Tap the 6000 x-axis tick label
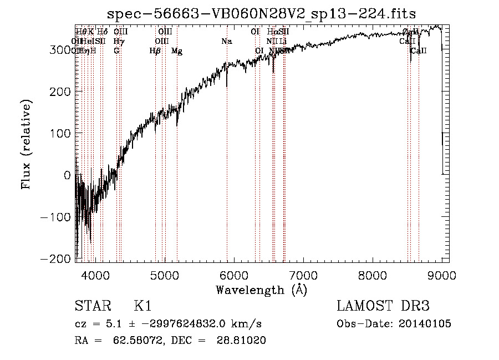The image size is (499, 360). click(233, 274)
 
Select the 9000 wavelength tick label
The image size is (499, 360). click(441, 274)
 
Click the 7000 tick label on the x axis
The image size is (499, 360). click(303, 274)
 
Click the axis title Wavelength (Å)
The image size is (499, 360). click(261, 290)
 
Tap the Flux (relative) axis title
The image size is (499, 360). click(26, 144)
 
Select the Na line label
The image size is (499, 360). click(226, 42)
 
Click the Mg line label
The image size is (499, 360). click(177, 51)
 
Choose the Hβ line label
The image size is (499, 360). click(155, 51)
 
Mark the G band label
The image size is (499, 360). click(116, 51)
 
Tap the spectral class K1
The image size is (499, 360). click(142, 307)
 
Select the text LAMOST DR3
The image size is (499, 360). click(383, 307)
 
